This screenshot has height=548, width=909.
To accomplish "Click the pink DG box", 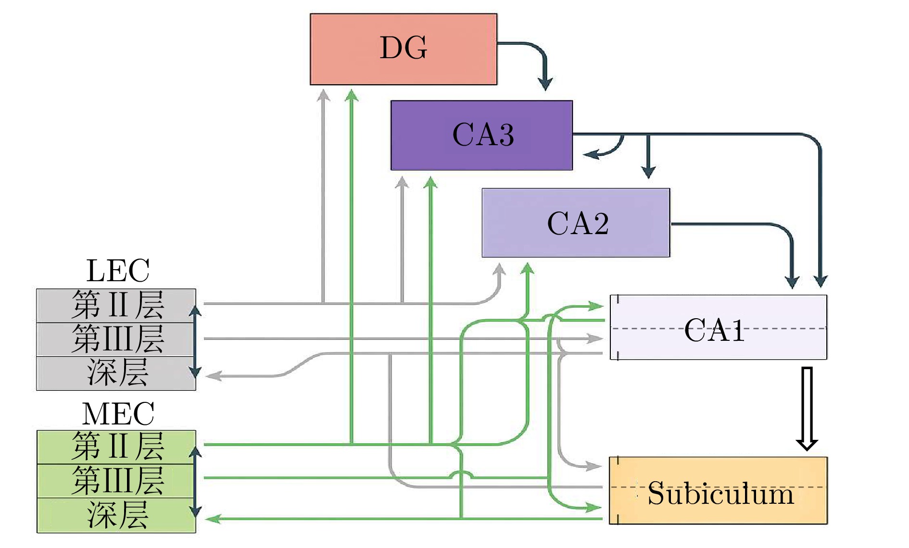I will click(403, 49).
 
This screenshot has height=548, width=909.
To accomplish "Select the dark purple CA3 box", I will click(481, 135).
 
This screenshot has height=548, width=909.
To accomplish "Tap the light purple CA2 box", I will click(576, 223).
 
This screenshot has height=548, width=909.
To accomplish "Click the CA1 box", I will click(718, 327).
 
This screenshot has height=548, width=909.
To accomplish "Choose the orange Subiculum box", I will click(718, 490).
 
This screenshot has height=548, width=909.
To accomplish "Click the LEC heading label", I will click(118, 271).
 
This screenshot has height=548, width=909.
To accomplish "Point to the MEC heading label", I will click(118, 414).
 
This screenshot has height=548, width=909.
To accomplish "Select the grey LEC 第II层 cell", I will click(116, 305).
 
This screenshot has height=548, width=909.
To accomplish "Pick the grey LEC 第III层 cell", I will click(116, 339).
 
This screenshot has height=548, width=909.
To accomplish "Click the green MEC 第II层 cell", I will click(116, 447).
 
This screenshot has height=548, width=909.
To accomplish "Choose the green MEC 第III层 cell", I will click(116, 481).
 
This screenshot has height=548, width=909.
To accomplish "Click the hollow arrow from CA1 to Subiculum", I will click(807, 409).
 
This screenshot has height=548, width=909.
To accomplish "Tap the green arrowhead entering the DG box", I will click(352, 95).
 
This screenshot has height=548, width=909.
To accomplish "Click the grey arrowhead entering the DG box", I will click(324, 95).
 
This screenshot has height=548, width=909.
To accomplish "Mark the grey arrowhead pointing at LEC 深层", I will click(213, 376).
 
